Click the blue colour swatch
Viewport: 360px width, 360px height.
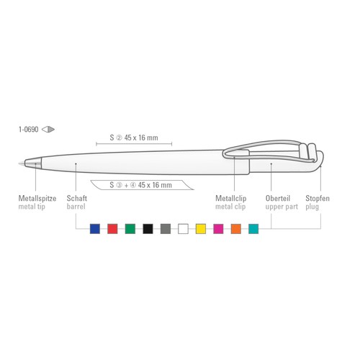coord(95,229)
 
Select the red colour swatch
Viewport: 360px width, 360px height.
coord(112,229)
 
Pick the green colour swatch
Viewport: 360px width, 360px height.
coord(130,229)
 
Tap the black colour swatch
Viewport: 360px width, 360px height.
coord(148,229)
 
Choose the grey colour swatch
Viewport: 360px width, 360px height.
coord(166,229)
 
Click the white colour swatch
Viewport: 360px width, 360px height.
coord(183,229)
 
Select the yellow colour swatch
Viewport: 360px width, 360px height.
coord(201,229)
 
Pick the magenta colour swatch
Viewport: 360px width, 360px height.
coord(218,229)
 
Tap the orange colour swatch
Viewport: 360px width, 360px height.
coord(236,229)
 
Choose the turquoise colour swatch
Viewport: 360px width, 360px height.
coord(253,229)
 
